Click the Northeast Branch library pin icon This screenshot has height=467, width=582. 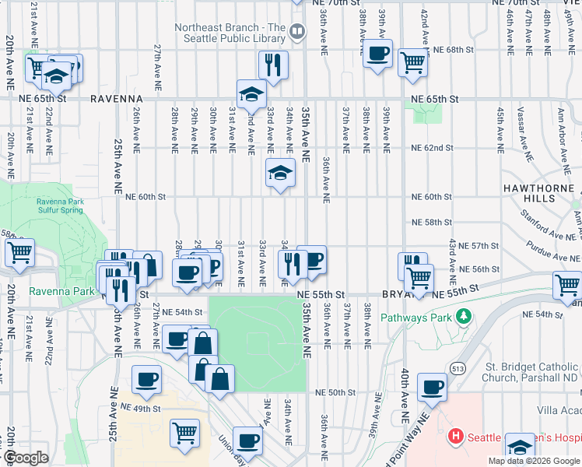click(296, 32)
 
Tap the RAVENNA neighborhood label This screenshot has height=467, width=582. click(116, 100)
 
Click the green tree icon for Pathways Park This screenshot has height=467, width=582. click(465, 317)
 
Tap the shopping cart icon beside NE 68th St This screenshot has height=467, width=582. click(412, 62)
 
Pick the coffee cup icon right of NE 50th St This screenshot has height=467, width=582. click(432, 387)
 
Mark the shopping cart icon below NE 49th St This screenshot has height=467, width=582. click(184, 432)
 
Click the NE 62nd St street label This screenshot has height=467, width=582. click(431, 148)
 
